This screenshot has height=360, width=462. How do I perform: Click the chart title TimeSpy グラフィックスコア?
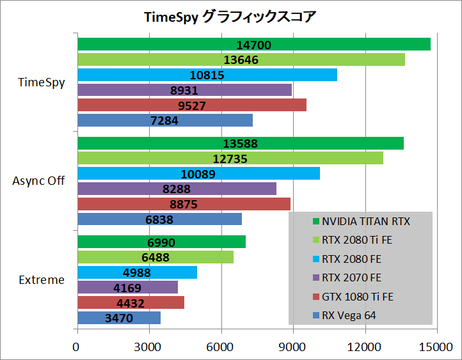(230, 17)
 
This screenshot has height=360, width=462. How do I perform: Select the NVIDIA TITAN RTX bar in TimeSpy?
(253, 45)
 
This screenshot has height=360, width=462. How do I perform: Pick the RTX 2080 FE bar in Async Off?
(198, 173)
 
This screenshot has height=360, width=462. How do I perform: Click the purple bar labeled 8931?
(184, 90)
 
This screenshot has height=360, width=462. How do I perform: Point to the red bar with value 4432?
(131, 302)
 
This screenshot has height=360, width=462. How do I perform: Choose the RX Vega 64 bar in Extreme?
(118, 318)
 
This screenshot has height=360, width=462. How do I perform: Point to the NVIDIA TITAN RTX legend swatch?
(315, 222)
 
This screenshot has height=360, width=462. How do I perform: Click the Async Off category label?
(38, 181)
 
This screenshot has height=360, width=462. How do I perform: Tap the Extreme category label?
(42, 279)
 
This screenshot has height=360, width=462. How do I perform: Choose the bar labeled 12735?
(230, 158)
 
